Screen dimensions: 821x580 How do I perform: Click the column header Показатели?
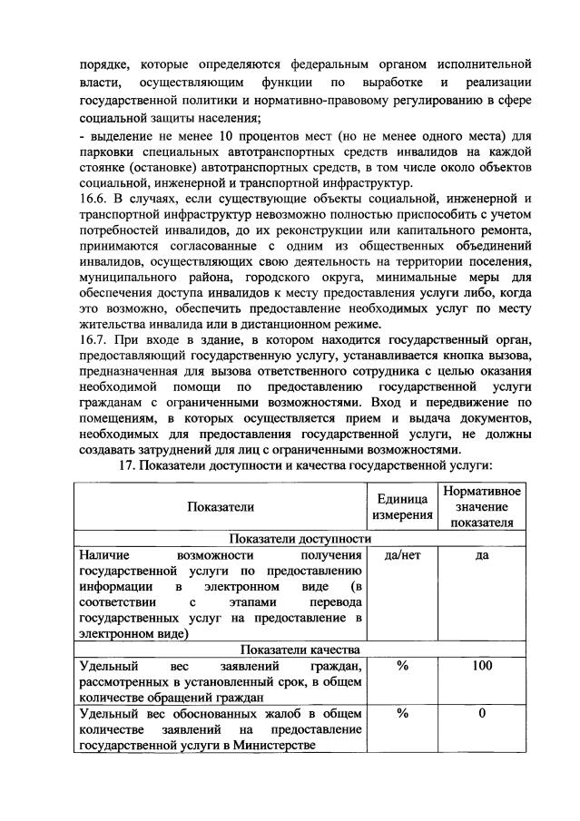pyautogui.click(x=221, y=507)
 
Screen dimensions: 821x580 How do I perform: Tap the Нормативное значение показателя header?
pyautogui.click(x=481, y=507)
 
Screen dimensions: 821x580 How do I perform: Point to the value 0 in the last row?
pyautogui.click(x=481, y=714)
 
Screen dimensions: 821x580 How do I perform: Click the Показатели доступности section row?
pyautogui.click(x=300, y=538)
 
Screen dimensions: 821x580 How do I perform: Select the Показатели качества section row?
pyautogui.click(x=300, y=650)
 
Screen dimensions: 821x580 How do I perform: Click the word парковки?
pyautogui.click(x=109, y=151)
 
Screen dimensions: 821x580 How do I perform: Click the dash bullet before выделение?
pyautogui.click(x=82, y=135)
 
